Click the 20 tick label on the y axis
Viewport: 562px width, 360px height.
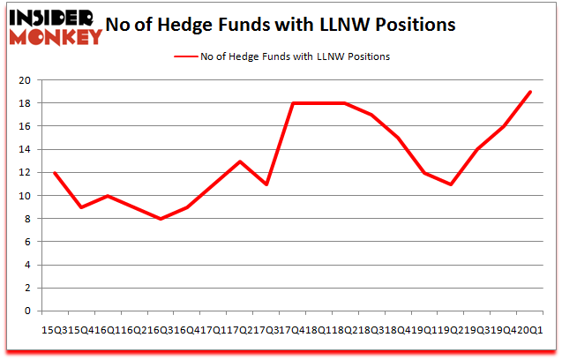pos(25,80)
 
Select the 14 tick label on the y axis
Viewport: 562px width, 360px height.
pos(25,149)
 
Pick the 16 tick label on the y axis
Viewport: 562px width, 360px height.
pos(25,126)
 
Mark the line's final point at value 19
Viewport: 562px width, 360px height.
pos(529,92)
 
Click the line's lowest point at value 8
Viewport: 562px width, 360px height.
pos(160,219)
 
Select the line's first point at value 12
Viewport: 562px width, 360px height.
pos(55,172)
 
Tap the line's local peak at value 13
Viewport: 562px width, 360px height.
pos(239,161)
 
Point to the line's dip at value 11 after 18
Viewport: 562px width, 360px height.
pos(451,184)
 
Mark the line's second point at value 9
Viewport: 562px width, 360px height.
pos(81,207)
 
